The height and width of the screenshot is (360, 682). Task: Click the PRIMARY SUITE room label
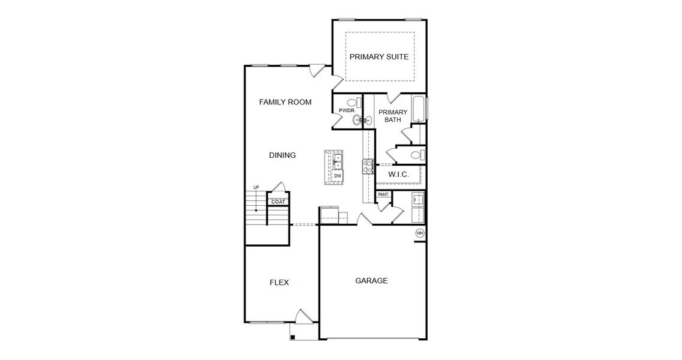[379, 57]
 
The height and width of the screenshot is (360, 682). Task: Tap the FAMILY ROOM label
[285, 102]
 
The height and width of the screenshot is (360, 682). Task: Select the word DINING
[282, 155]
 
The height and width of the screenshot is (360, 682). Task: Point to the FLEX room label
[279, 283]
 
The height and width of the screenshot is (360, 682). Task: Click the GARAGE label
[371, 280]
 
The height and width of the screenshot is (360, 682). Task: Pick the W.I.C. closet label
[398, 175]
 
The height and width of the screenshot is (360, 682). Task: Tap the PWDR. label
[347, 111]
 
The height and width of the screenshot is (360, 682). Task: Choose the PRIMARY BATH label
[393, 116]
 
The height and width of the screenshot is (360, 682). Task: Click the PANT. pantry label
[383, 194]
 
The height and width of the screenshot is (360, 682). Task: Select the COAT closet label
[278, 202]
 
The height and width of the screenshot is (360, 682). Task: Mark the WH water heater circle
[420, 233]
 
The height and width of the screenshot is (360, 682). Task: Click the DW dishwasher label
[338, 175]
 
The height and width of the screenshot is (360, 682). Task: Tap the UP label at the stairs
[256, 188]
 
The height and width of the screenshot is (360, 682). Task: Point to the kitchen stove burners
[368, 166]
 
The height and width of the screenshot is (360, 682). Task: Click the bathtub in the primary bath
[419, 109]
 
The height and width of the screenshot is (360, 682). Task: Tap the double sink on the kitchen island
[337, 161]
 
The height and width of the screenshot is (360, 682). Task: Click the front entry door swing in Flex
[305, 317]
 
